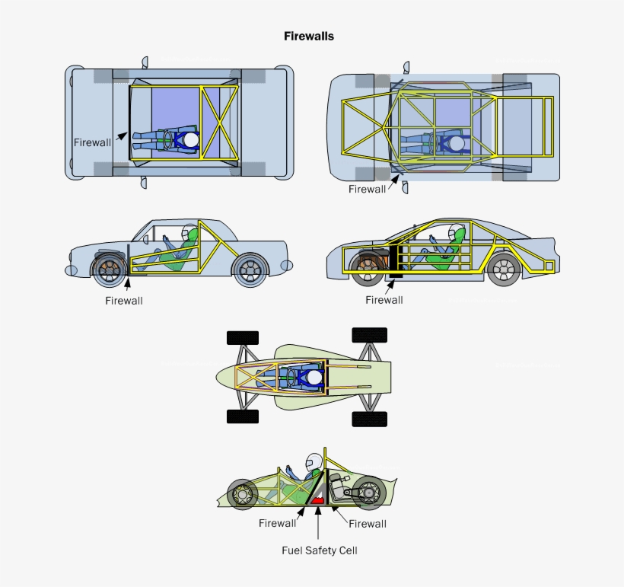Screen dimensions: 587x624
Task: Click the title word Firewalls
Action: pos(309,36)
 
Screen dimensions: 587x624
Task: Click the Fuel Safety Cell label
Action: pos(319,550)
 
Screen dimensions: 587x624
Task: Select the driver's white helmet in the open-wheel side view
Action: pos(314,462)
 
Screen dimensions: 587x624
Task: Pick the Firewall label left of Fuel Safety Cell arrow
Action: pos(277,523)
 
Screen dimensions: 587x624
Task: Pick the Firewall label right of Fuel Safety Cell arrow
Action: pos(368,523)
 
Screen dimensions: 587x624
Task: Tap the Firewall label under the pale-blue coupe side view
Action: pos(124,300)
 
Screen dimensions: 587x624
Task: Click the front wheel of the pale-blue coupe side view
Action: pos(110,269)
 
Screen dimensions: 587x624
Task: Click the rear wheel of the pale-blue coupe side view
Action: pos(249,269)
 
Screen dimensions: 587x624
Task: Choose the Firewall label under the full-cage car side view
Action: pos(384,299)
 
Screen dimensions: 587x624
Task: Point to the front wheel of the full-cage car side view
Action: pos(368,268)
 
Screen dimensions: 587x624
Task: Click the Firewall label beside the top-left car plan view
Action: pos(92,142)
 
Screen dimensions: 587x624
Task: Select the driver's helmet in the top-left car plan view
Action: pos(190,140)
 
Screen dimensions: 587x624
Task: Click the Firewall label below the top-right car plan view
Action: pos(367,189)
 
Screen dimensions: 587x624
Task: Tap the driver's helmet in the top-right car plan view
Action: pos(455,143)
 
